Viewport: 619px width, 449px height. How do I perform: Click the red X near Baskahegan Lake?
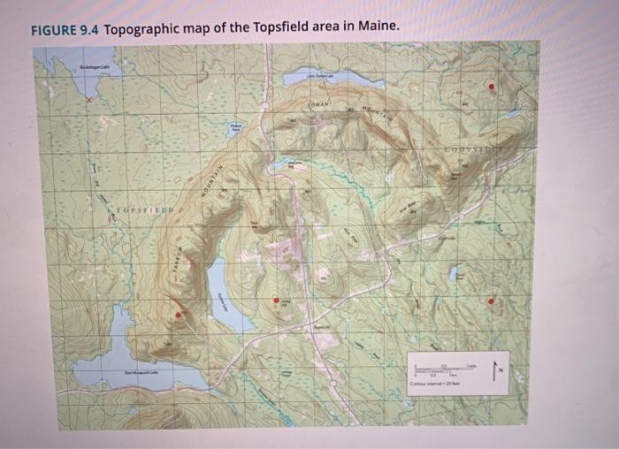[88, 100]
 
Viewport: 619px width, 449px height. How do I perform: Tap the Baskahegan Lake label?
[92, 67]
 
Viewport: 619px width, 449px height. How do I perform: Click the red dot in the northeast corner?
[492, 87]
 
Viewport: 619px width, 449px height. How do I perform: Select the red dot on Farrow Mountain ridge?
[178, 314]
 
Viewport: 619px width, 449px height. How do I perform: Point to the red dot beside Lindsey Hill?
[276, 301]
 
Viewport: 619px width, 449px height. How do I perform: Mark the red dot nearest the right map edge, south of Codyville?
[492, 301]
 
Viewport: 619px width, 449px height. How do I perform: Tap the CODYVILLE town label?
[503, 152]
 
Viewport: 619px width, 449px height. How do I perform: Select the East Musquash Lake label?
[141, 374]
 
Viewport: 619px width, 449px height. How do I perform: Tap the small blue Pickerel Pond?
[235, 129]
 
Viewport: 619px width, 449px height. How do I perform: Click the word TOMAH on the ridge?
[318, 105]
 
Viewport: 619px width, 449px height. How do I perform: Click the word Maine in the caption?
[378, 27]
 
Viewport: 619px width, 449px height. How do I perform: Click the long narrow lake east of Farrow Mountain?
[218, 286]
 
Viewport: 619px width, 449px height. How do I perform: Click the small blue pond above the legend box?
[455, 274]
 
